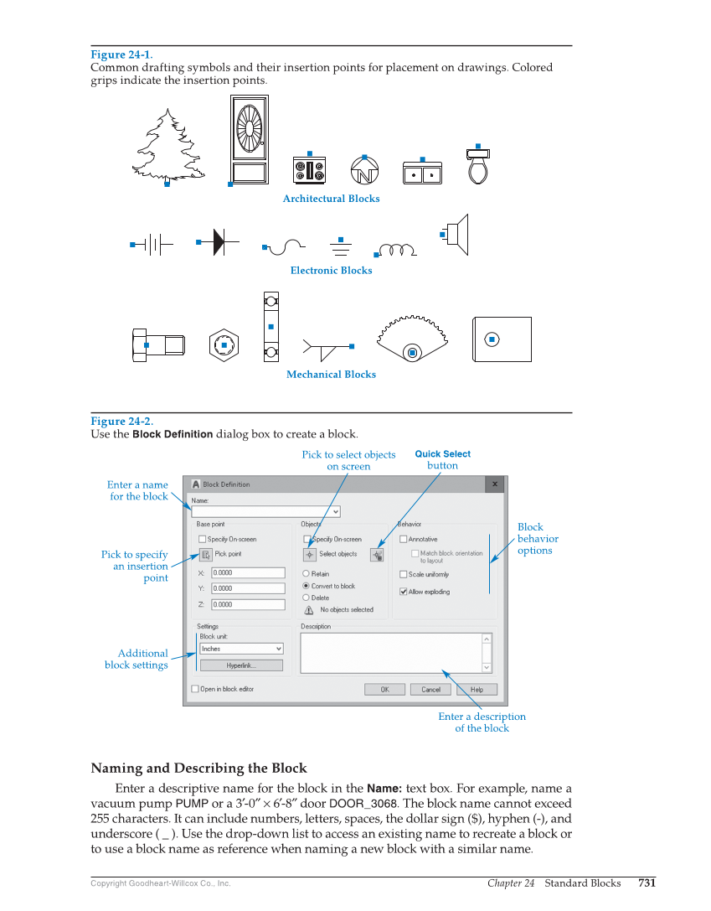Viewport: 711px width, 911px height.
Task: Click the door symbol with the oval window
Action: tap(250, 139)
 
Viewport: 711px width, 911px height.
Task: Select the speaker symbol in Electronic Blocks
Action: tap(457, 234)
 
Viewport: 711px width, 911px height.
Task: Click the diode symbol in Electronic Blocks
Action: tap(217, 242)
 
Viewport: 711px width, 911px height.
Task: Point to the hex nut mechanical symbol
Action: tap(224, 345)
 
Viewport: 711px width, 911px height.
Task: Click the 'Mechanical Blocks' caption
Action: tap(331, 375)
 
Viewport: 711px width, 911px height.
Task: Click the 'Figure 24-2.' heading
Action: tap(121, 422)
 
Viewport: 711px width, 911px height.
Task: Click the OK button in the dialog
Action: tap(384, 690)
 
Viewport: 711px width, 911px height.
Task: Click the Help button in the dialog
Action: tap(477, 690)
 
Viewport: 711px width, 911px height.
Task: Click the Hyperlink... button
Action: tap(241, 665)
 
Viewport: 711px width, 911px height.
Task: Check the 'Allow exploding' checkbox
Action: tap(404, 592)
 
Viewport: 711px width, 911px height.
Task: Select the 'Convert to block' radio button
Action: tap(307, 586)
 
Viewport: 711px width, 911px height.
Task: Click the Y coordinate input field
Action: tap(248, 588)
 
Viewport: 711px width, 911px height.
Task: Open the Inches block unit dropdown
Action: tap(241, 649)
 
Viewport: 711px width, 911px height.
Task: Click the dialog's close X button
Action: tap(495, 484)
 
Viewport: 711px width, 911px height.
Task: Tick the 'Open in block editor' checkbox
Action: tap(196, 689)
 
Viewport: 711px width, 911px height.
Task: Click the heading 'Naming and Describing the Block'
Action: tap(198, 769)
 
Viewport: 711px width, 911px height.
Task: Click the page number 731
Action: tap(647, 883)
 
